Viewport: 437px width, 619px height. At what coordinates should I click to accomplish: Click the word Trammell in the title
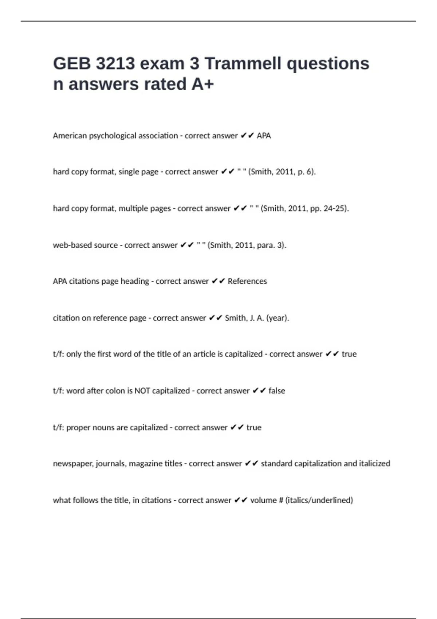pyautogui.click(x=243, y=63)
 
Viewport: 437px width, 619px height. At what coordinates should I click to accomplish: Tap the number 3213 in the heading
pyautogui.click(x=115, y=63)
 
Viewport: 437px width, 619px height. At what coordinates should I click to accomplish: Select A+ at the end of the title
pyautogui.click(x=202, y=84)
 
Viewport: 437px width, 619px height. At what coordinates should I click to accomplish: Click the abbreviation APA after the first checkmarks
pyautogui.click(x=264, y=136)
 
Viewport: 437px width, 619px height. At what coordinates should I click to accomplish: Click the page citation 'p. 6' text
pyautogui.click(x=306, y=172)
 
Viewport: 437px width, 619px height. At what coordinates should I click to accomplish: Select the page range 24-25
pyautogui.click(x=334, y=209)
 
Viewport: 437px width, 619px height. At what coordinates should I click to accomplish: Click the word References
pyautogui.click(x=247, y=281)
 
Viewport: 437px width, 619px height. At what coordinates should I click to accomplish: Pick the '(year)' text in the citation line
pyautogui.click(x=277, y=318)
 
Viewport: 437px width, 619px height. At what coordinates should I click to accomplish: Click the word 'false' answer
pyautogui.click(x=277, y=391)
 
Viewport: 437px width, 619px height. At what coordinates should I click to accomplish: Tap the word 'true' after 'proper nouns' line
pyautogui.click(x=254, y=427)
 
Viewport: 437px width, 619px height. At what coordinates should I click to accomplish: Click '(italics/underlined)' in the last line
pyautogui.click(x=319, y=500)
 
